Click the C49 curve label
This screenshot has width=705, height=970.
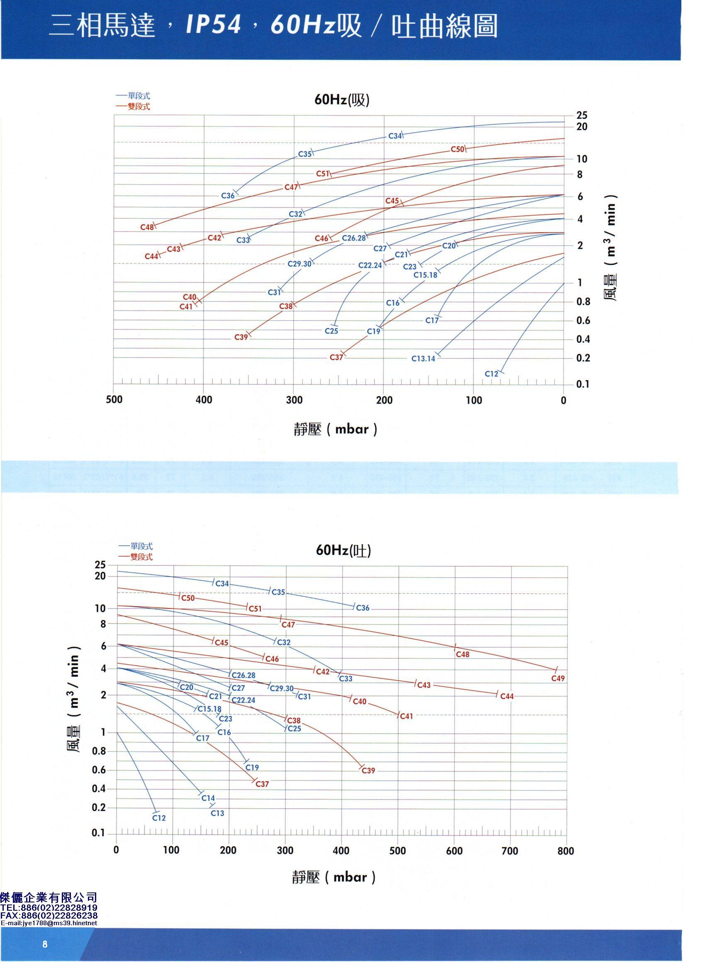pos(558,678)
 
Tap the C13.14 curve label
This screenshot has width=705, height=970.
pos(423,358)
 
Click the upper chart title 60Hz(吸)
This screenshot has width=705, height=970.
pos(342,100)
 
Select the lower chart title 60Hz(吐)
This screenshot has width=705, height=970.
pos(343,550)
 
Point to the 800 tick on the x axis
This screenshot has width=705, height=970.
pos(566,839)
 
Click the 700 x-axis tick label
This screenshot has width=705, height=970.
pos(509,839)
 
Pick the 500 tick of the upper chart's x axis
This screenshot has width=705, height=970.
pos(114,400)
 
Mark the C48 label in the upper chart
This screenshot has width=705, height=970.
pos(147,227)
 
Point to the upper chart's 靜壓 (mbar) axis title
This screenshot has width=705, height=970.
pos(335,429)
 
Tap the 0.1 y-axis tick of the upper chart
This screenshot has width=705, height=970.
pos(582,384)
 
